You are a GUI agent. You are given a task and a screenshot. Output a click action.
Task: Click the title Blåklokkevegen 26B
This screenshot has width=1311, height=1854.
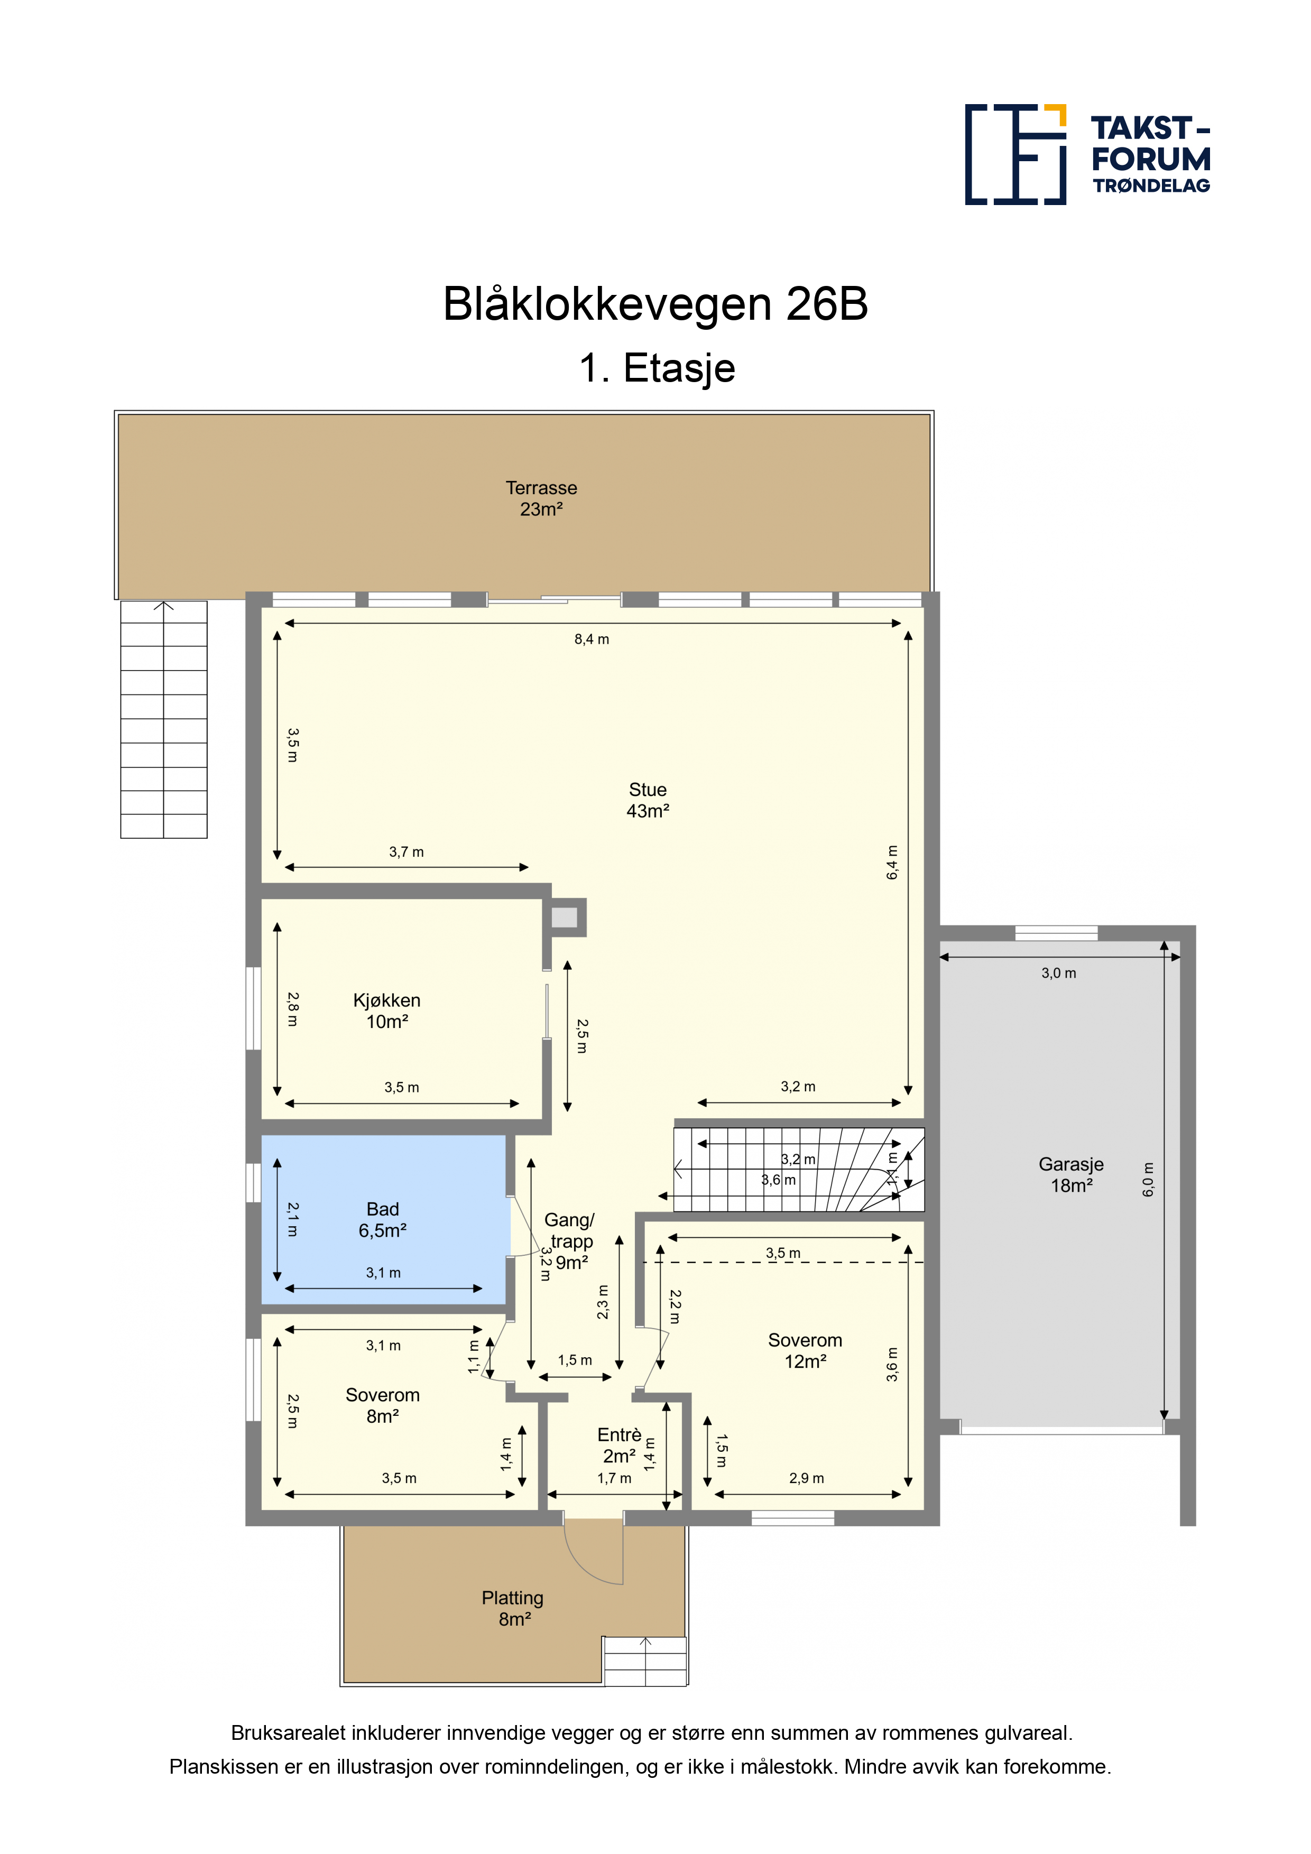tap(655, 304)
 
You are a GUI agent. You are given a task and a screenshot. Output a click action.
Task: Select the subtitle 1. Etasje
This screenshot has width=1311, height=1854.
tap(657, 368)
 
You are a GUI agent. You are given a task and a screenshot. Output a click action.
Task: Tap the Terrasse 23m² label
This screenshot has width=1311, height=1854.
tap(541, 498)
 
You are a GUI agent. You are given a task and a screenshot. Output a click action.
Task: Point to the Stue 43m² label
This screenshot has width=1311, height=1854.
tap(648, 800)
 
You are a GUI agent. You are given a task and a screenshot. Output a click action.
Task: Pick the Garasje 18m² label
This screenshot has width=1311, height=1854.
tap(1071, 1174)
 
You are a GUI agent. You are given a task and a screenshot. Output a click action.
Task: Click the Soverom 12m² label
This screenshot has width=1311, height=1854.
tap(805, 1350)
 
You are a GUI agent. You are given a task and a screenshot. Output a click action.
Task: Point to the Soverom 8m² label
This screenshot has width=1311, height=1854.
tap(383, 1405)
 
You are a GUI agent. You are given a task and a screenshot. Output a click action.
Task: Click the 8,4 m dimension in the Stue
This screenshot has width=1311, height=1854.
tap(592, 639)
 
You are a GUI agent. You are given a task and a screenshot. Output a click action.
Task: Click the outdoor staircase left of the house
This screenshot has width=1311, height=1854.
tap(164, 719)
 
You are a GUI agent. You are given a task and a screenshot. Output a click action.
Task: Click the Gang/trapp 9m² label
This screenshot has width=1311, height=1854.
tap(570, 1241)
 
